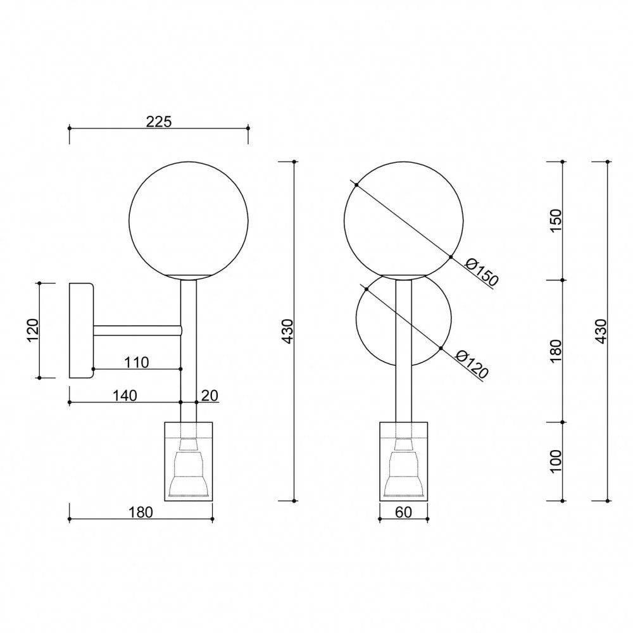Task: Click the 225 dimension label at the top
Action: point(159,121)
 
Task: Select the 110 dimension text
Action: point(137,362)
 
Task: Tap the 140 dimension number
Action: point(125,395)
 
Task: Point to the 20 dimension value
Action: point(210,395)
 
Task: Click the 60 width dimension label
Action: point(403,512)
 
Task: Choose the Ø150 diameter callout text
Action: point(482,273)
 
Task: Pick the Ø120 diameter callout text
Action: point(472,365)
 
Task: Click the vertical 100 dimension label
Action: point(556,461)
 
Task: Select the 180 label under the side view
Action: point(141,512)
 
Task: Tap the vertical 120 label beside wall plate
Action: point(32,330)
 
